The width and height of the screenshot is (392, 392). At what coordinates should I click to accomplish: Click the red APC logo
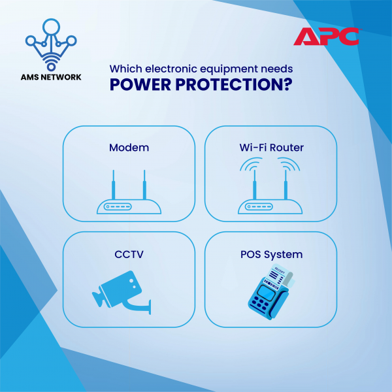pyautogui.click(x=327, y=37)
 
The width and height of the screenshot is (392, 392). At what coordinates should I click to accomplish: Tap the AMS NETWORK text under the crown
pyautogui.click(x=51, y=77)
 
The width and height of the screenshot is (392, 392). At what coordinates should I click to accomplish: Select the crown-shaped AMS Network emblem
pyautogui.click(x=51, y=44)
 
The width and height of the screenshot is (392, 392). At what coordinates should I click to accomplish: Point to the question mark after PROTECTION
pyautogui.click(x=288, y=85)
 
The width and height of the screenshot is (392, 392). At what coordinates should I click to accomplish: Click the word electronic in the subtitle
pyautogui.click(x=171, y=69)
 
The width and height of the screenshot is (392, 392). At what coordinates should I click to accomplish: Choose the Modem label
pyautogui.click(x=129, y=148)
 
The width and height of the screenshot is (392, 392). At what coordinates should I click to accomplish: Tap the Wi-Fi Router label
pyautogui.click(x=272, y=148)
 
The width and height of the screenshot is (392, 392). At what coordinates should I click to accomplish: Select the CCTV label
pyautogui.click(x=129, y=254)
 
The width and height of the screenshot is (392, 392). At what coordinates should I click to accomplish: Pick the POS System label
pyautogui.click(x=272, y=255)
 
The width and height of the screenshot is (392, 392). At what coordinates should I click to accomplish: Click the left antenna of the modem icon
pyautogui.click(x=114, y=185)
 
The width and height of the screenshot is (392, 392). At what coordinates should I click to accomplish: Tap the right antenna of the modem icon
pyautogui.click(x=144, y=185)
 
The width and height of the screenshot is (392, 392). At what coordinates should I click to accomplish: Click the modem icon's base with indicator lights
pyautogui.click(x=129, y=206)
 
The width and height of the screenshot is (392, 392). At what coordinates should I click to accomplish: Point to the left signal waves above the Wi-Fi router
pyautogui.click(x=251, y=164)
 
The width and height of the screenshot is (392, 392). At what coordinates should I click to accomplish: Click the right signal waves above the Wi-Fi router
pyautogui.click(x=289, y=164)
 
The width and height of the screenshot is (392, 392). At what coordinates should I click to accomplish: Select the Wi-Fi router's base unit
pyautogui.click(x=270, y=206)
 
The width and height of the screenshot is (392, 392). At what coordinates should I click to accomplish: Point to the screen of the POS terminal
pyautogui.click(x=265, y=293)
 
